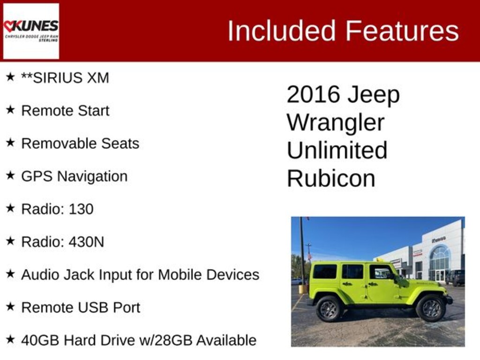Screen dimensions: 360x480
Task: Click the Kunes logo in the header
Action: pyautogui.click(x=31, y=31)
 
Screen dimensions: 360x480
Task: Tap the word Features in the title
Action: pyautogui.click(x=402, y=31)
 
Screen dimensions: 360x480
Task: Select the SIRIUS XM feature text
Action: pyautogui.click(x=65, y=78)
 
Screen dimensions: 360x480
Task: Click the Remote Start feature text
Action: pyautogui.click(x=65, y=111)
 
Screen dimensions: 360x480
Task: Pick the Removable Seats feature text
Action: pyautogui.click(x=80, y=143)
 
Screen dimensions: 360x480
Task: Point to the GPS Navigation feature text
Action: pyautogui.click(x=74, y=176)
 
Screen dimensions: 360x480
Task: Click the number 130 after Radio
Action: pyautogui.click(x=81, y=209)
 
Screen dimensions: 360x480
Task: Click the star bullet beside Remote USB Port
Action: pyautogui.click(x=10, y=307)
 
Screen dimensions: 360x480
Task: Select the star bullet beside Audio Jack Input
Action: pyautogui.click(x=10, y=274)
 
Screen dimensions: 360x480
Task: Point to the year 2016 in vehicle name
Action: pyautogui.click(x=313, y=95)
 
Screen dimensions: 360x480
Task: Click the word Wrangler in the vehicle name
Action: pyautogui.click(x=336, y=123)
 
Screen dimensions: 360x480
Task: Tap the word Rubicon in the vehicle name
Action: pyautogui.click(x=331, y=179)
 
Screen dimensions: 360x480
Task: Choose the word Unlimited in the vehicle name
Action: pyautogui.click(x=337, y=150)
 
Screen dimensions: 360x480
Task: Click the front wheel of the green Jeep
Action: pyautogui.click(x=431, y=308)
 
